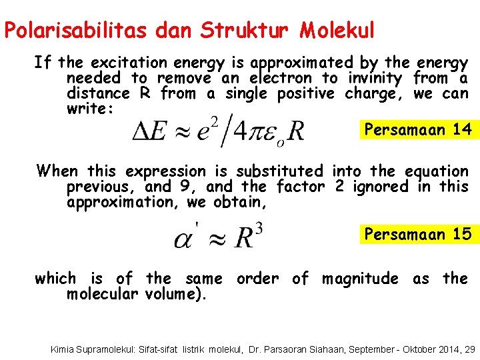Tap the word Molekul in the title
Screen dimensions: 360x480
pyautogui.click(x=337, y=31)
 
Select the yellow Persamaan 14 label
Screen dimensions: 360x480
pyautogui.click(x=419, y=129)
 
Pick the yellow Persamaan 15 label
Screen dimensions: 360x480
pyautogui.click(x=418, y=234)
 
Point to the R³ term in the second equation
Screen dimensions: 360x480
pyautogui.click(x=246, y=237)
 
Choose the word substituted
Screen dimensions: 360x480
pyautogui.click(x=279, y=171)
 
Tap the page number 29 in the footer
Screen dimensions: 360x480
pyautogui.click(x=469, y=349)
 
